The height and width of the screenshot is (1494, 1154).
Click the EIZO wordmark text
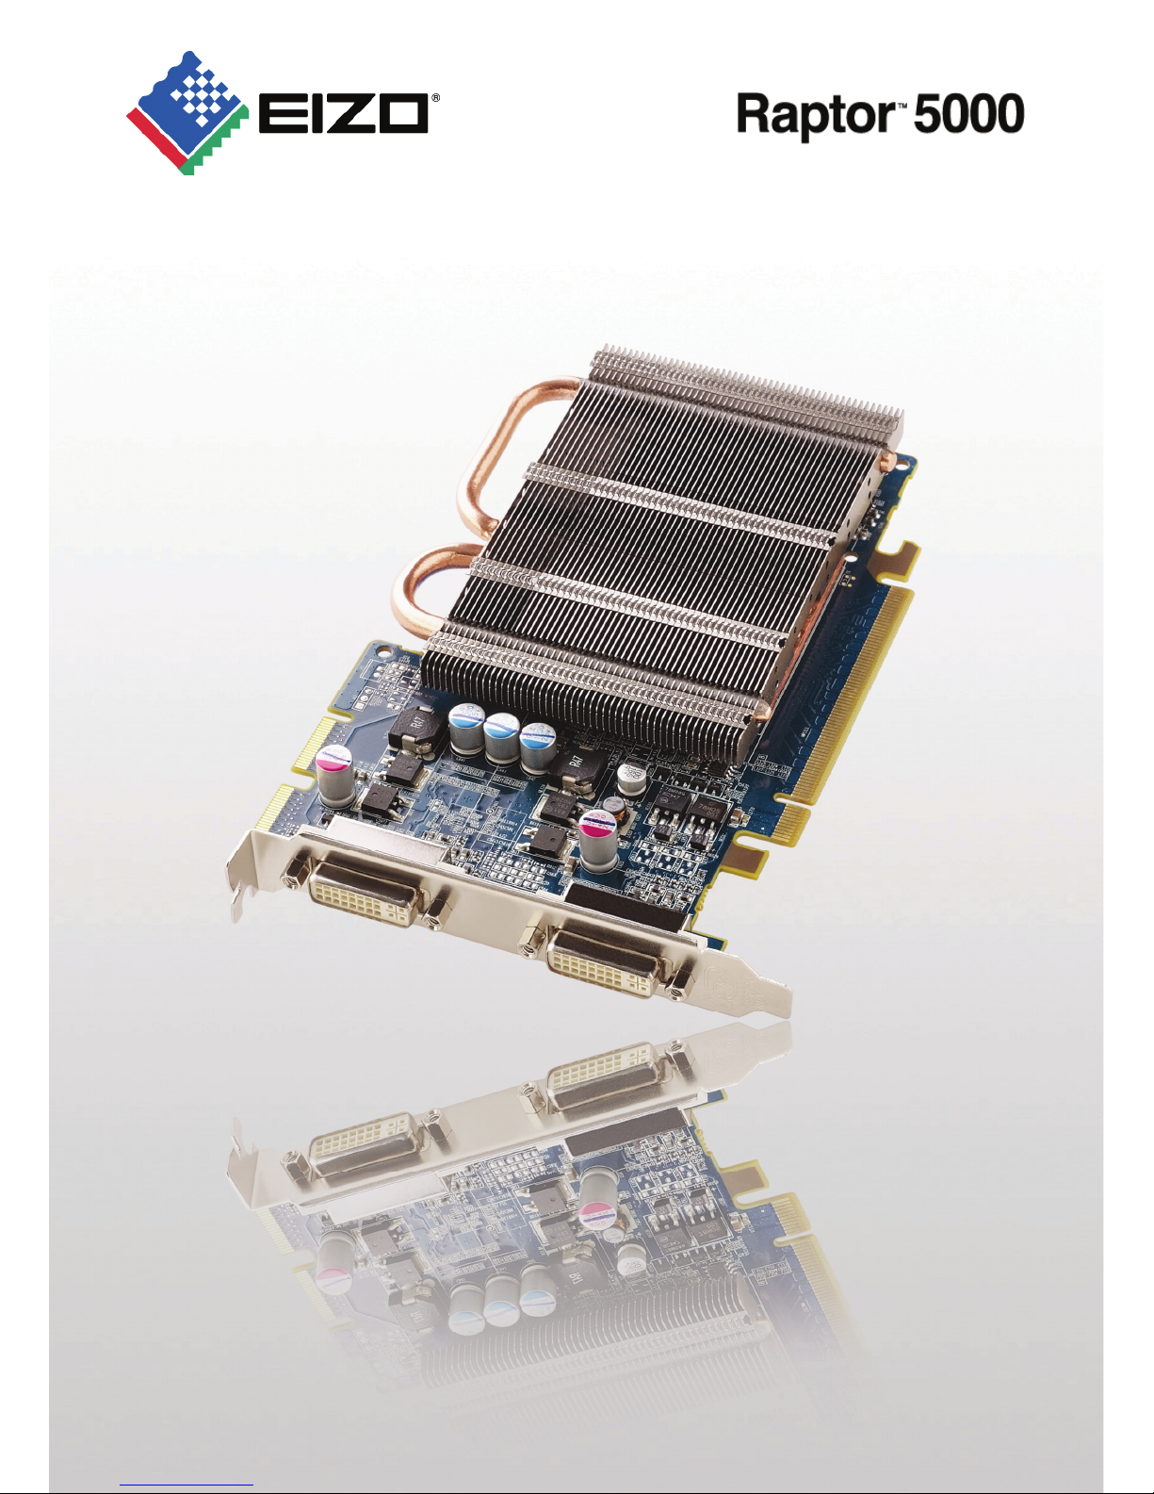coord(343,114)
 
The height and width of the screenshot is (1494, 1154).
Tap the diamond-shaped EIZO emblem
coord(187,113)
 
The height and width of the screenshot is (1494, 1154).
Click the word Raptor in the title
coord(816,116)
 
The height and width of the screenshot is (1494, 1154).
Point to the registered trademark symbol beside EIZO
coord(435,98)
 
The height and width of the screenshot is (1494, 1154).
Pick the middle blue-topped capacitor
coord(501,736)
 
